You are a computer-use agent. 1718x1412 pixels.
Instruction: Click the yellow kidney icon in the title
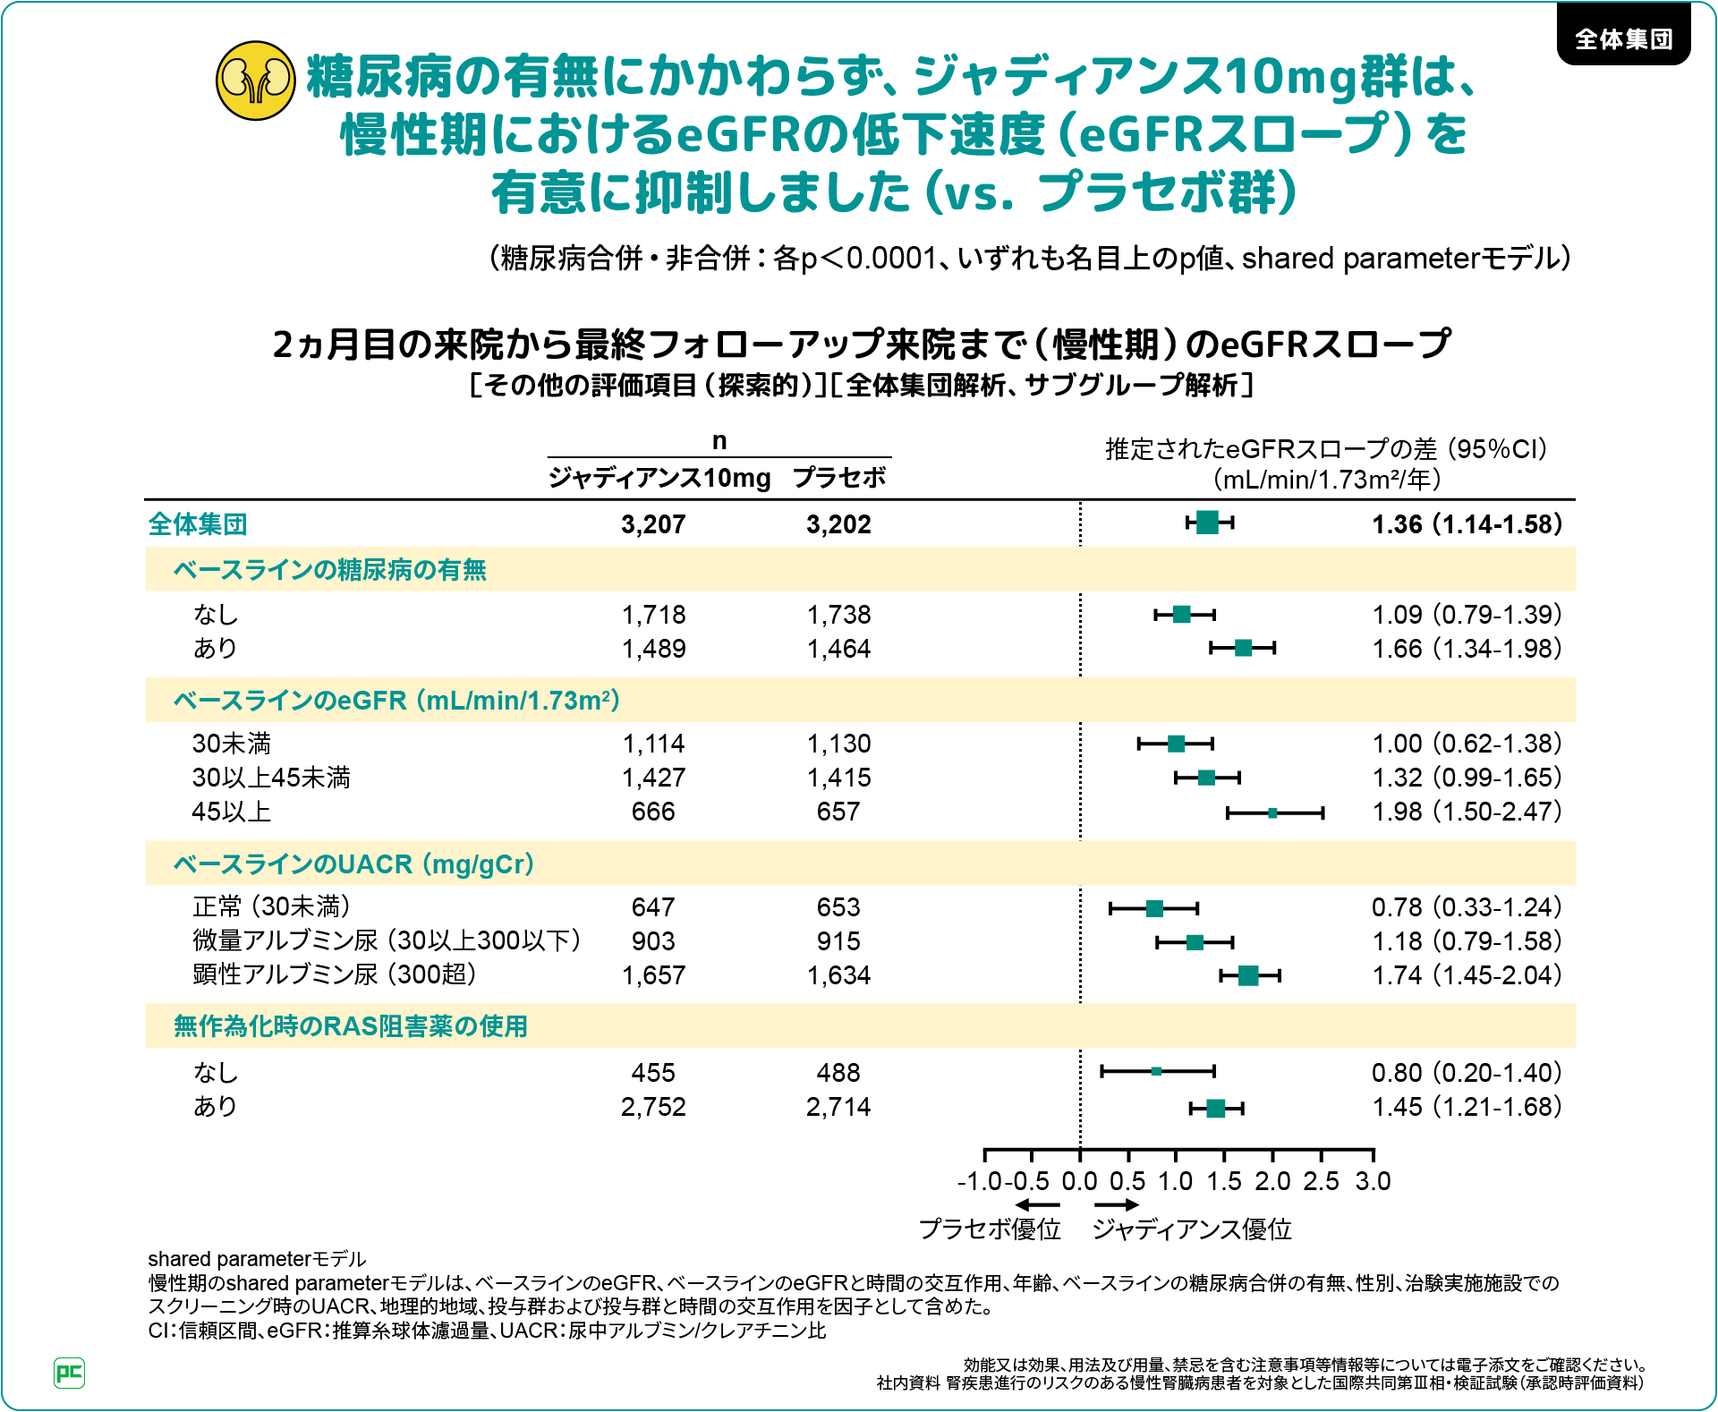point(256,81)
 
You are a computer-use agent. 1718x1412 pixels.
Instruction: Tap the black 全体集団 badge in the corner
point(1623,38)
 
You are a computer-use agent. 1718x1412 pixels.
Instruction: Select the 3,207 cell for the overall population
point(653,524)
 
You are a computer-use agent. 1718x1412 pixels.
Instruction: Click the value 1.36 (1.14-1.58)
point(1467,524)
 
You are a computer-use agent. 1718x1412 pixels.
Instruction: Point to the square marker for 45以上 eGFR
point(1272,812)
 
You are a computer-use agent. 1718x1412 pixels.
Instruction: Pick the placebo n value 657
point(838,812)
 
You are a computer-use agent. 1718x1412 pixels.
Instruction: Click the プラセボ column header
point(839,478)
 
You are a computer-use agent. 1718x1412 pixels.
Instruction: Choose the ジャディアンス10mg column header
point(659,478)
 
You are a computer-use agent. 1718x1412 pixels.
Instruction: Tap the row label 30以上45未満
point(271,778)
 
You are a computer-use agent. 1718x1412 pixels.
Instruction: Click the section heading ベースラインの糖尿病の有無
point(329,570)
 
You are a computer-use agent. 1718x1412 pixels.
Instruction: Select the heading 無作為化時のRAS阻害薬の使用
point(350,1026)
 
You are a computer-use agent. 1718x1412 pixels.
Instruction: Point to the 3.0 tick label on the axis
point(1373,1181)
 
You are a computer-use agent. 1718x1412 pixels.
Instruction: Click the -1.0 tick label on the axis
point(979,1181)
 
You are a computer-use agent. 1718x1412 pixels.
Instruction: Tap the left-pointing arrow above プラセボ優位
point(1037,1204)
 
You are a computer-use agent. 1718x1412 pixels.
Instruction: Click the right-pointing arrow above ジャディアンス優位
point(1117,1204)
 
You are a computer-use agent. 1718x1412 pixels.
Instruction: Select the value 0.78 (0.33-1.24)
point(1467,907)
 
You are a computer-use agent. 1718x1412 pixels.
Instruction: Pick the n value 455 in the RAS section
point(653,1073)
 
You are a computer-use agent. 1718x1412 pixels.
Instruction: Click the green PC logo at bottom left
point(70,1373)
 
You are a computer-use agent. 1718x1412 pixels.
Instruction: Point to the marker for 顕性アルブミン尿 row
point(1248,975)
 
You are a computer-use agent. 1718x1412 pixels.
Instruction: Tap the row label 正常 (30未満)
point(271,907)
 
